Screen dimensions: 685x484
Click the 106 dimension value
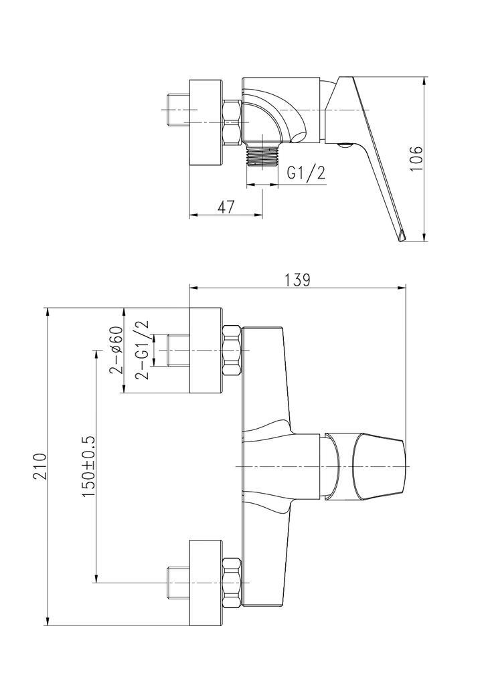416,159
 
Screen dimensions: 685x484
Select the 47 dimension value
226,207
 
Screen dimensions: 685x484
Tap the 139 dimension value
297,280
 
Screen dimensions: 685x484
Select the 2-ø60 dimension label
115,351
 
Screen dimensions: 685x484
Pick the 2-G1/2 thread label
141,350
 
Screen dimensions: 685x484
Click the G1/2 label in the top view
306,173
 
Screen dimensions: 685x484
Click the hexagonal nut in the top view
231,122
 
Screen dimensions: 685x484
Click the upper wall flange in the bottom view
206,351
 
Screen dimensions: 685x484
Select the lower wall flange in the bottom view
206,583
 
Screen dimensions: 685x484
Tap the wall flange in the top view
206,122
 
